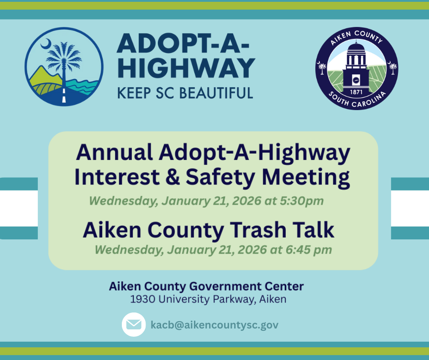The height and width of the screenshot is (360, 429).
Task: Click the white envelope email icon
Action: (x=134, y=325)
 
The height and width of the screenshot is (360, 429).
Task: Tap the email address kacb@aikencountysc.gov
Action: (x=214, y=325)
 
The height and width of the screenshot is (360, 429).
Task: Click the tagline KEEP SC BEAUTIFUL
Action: (x=185, y=93)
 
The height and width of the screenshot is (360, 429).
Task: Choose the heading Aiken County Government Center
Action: (x=206, y=286)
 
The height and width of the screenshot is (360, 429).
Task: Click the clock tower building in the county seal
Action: (x=356, y=64)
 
